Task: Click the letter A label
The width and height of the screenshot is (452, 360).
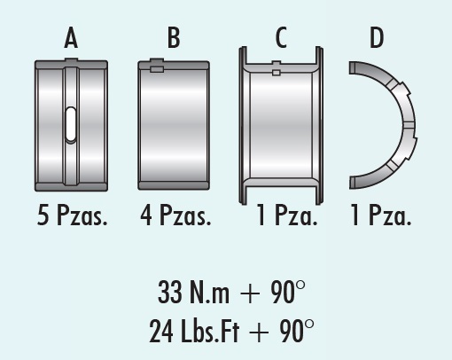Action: pos(71,37)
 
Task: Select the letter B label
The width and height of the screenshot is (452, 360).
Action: pos(174,37)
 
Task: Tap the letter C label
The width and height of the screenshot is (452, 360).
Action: pos(281,37)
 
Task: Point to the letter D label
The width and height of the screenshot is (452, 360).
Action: pos(377,37)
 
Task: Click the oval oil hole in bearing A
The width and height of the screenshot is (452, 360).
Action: pos(71,124)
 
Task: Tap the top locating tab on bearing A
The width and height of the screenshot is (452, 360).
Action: pos(71,59)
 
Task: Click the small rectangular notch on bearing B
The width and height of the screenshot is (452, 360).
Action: pos(157,69)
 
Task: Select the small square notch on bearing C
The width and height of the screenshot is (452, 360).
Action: pos(276,73)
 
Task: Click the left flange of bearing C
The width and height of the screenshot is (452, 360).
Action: pos(243,125)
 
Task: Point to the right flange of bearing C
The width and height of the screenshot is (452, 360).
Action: pos(319,125)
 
